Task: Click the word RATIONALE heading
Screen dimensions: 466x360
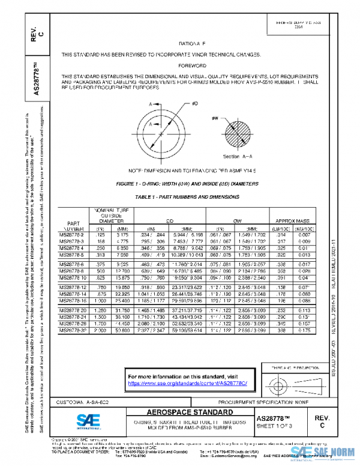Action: point(191,44)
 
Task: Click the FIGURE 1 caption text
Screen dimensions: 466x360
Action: point(192,183)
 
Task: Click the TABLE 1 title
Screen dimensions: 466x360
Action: point(191,196)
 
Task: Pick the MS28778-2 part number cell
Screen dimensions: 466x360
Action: point(73,234)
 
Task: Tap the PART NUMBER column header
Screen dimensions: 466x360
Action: point(73,225)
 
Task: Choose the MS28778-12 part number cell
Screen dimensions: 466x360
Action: point(74,287)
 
